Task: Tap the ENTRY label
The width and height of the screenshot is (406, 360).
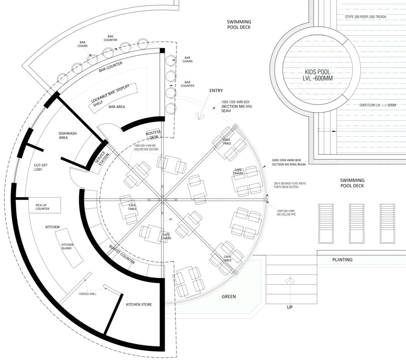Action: coord(216,90)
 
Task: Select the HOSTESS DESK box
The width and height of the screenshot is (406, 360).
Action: coord(153,135)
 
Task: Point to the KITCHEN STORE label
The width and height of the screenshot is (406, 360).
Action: coord(139,304)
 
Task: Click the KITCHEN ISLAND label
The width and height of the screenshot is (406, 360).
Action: coord(67,246)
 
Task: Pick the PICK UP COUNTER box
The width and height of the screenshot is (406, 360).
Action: coord(44,205)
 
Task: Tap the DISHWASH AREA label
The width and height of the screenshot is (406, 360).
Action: coord(67,135)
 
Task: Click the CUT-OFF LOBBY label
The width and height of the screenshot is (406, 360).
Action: coord(41,167)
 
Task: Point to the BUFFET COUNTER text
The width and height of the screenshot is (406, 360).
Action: coord(122,254)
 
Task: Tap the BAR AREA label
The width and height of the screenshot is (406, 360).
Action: coord(117,106)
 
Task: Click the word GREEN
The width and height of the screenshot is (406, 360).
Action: coord(229,296)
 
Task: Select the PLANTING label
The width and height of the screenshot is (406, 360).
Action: coord(342,260)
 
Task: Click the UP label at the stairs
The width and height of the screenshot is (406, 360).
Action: coord(290,307)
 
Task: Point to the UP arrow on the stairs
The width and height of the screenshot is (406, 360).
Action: coord(290,281)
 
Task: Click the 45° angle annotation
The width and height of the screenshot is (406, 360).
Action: coord(171,220)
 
